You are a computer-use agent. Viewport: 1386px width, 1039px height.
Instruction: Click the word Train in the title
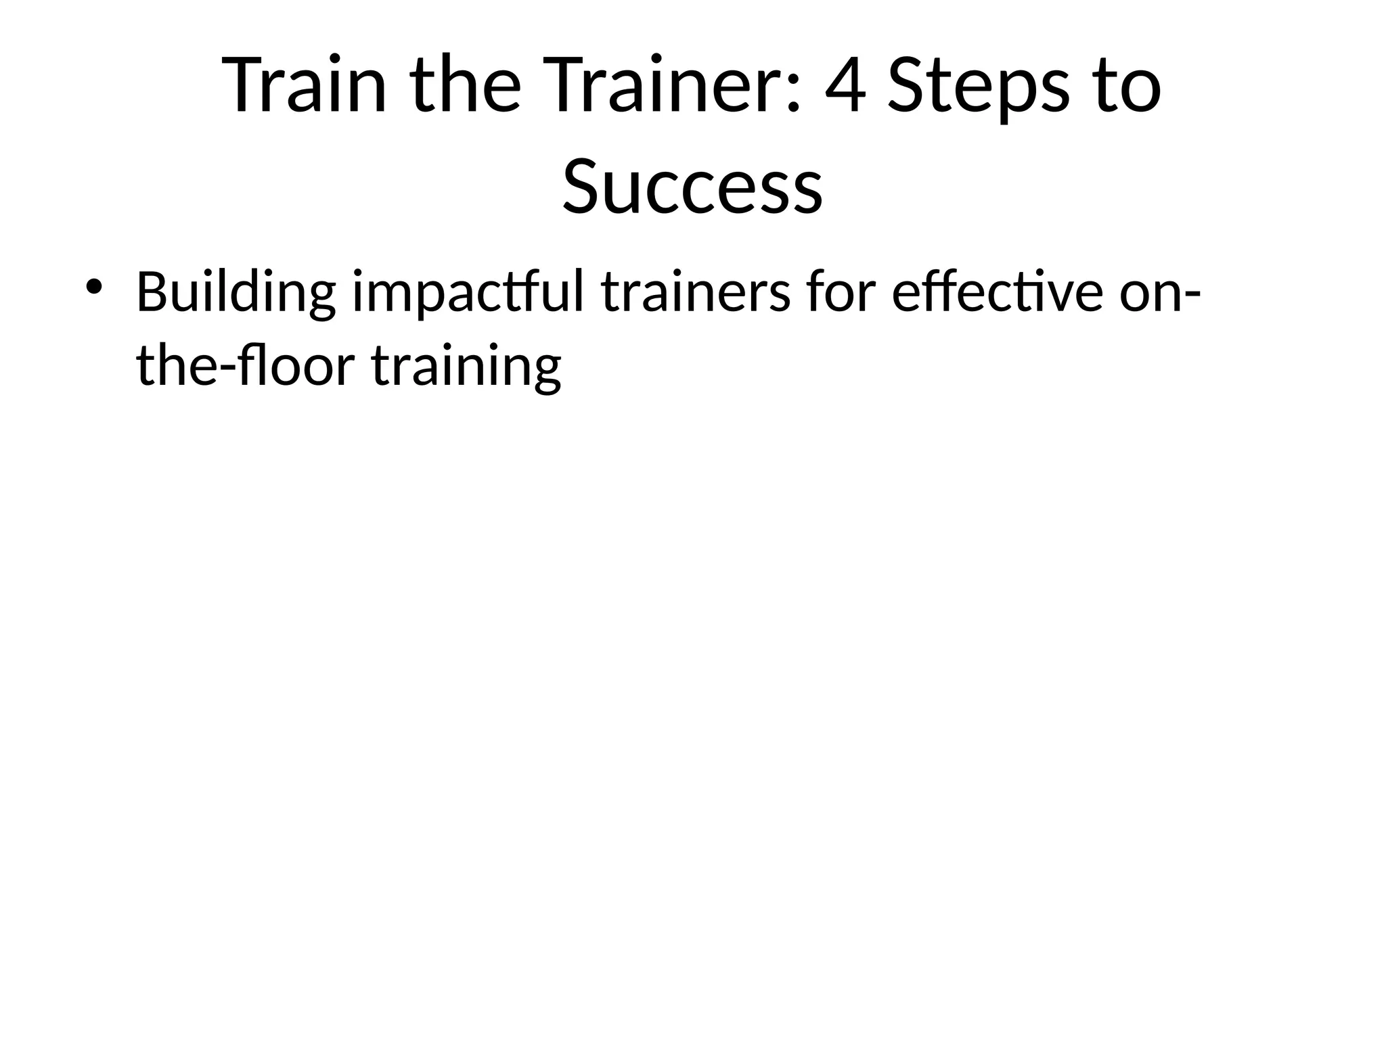point(304,86)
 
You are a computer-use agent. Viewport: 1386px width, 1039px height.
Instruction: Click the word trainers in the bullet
point(695,292)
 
